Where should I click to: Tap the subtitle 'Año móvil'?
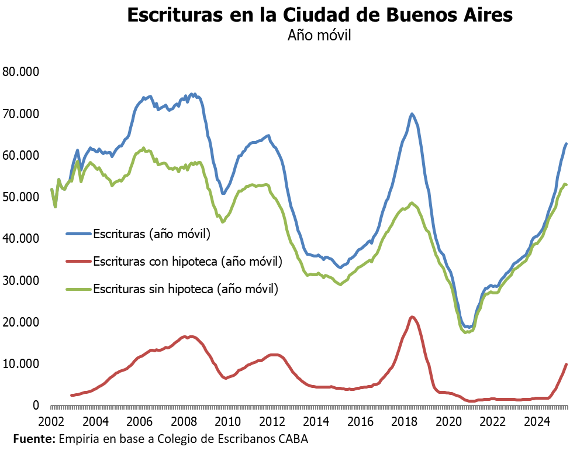[x=319, y=35]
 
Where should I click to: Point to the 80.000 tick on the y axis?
[x=20, y=72]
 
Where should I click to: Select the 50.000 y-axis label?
[x=20, y=197]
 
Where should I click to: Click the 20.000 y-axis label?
[x=20, y=322]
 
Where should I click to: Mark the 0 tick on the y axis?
[x=36, y=406]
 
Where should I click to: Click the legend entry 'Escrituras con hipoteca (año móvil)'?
[x=187, y=262]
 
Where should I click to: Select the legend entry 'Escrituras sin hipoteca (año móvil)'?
[x=185, y=288]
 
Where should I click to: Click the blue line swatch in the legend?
[x=78, y=235]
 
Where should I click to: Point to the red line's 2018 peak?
[x=412, y=317]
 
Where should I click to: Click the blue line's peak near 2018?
[x=412, y=114]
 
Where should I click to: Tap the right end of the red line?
[x=566, y=365]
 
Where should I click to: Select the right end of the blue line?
[x=566, y=143]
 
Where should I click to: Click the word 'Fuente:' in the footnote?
[x=33, y=438]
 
